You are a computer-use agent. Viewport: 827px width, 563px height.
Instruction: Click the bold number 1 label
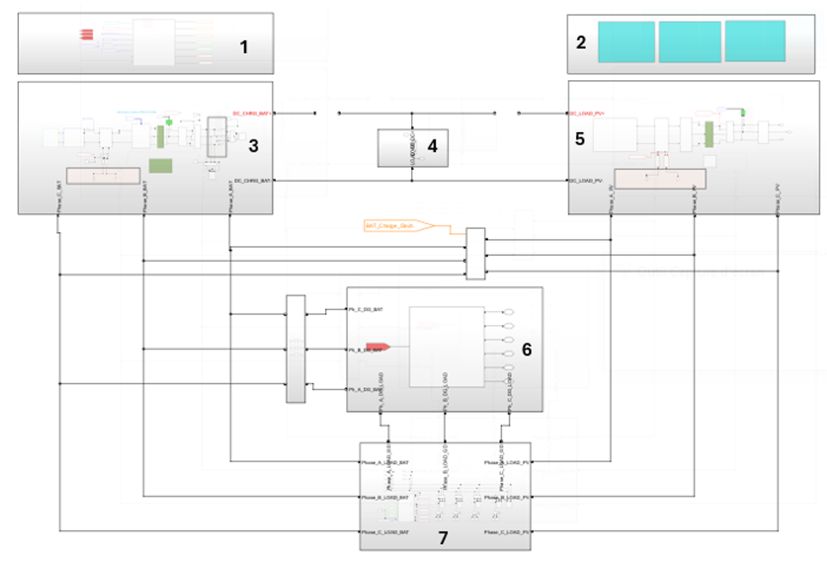tap(243, 47)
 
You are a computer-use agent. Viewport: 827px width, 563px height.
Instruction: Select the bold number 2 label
tap(581, 42)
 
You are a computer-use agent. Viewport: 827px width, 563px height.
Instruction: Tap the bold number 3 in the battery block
tap(253, 145)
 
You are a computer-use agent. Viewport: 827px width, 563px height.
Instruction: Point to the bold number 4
tap(431, 145)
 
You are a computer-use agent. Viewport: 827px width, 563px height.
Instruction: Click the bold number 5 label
tap(579, 139)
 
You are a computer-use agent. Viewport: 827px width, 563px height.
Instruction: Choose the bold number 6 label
tap(527, 349)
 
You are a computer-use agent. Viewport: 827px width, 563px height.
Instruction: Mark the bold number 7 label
tap(442, 538)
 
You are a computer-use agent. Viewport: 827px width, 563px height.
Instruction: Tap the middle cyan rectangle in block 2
tap(690, 42)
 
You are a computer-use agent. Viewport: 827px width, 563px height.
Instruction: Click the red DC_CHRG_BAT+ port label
tap(251, 112)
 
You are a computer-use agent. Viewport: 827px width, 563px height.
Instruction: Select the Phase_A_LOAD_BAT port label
tap(385, 462)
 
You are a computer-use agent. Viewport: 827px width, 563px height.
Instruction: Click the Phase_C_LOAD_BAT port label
tap(385, 532)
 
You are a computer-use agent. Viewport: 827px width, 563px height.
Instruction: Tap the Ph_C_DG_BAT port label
tap(366, 309)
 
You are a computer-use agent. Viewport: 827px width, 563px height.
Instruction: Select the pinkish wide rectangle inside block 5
tap(660, 178)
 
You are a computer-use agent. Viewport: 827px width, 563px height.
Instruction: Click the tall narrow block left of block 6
tap(295, 348)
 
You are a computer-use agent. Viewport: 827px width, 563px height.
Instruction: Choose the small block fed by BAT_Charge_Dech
tap(476, 254)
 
